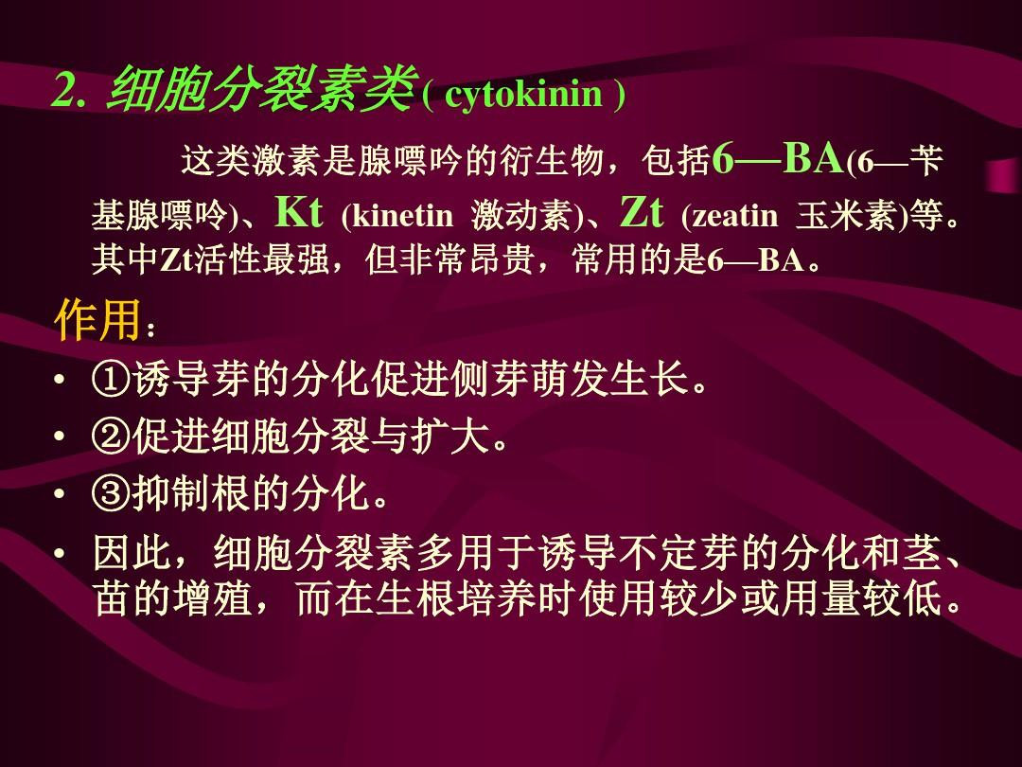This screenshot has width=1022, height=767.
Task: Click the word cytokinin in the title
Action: (x=523, y=94)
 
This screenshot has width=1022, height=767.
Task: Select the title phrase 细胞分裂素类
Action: (x=262, y=89)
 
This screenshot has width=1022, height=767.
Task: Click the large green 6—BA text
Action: (x=778, y=157)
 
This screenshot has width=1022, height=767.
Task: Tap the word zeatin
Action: (x=735, y=216)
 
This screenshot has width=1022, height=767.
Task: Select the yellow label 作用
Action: (x=97, y=320)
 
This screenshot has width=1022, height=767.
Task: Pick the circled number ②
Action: (x=112, y=436)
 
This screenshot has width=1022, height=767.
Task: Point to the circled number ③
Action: (x=112, y=492)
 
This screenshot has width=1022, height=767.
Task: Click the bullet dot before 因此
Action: (x=60, y=554)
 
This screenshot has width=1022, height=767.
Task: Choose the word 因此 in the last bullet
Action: (x=132, y=553)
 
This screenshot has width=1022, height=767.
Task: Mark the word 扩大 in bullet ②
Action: (x=450, y=436)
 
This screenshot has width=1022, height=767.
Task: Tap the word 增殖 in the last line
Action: (x=213, y=598)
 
